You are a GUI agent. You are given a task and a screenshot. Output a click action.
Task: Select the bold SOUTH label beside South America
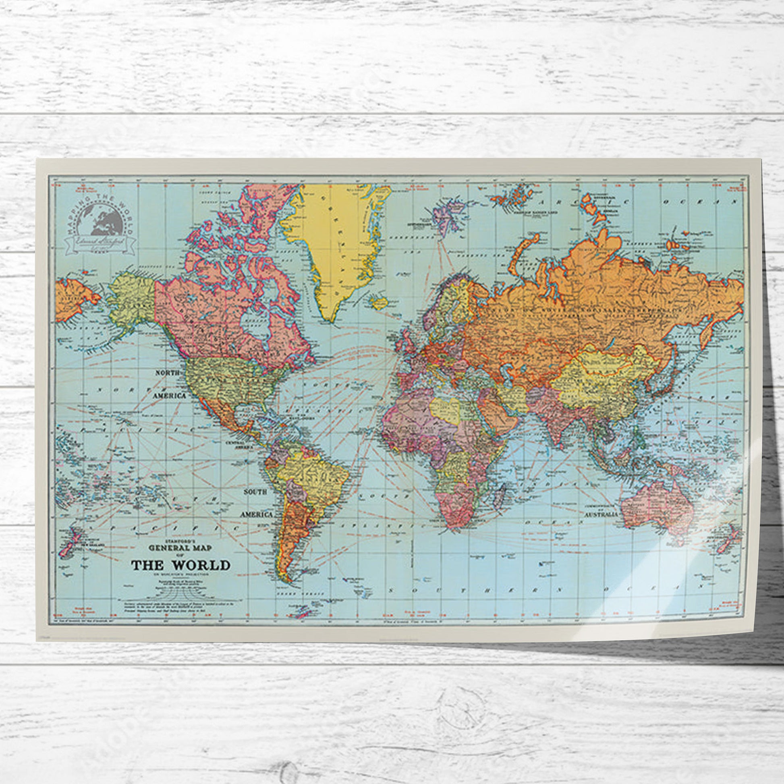coord(255,492)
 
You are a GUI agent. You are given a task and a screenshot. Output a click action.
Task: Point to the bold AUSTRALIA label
coord(601,514)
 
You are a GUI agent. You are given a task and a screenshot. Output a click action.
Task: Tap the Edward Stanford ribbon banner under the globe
coord(100,243)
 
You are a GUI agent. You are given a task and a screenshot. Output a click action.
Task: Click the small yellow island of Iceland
coord(378,301)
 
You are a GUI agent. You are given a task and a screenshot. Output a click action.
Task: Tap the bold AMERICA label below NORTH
coord(170,395)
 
